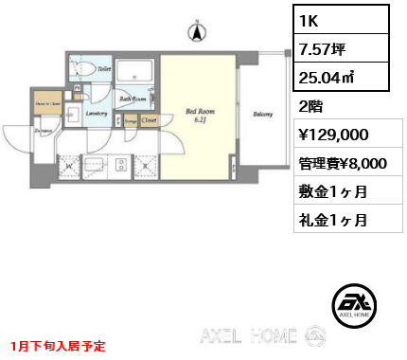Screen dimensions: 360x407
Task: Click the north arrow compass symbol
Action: [x=198, y=33]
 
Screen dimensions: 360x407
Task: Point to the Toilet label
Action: [x=104, y=69]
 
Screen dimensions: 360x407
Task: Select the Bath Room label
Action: [x=132, y=98]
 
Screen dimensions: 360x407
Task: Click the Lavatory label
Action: [x=97, y=114]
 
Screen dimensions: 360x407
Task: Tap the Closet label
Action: [x=149, y=120]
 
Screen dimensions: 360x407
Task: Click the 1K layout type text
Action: [x=310, y=19]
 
